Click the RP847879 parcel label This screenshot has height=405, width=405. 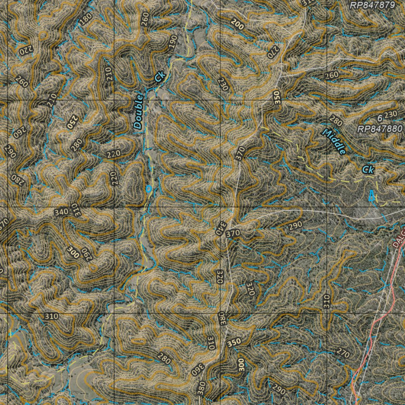tap(372, 5)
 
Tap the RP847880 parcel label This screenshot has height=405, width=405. tap(380, 129)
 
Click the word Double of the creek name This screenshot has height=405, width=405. tap(138, 112)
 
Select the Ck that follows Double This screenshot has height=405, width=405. tap(159, 77)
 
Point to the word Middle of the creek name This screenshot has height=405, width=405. tap(334, 141)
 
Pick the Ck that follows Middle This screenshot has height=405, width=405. tap(368, 170)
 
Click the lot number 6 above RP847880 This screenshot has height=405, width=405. tap(380, 118)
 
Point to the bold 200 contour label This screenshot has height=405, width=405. tap(237, 24)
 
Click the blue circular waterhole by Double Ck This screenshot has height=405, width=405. tap(148, 189)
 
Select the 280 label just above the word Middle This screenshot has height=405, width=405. tap(335, 120)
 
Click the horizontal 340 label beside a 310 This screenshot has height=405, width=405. tap(61, 212)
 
